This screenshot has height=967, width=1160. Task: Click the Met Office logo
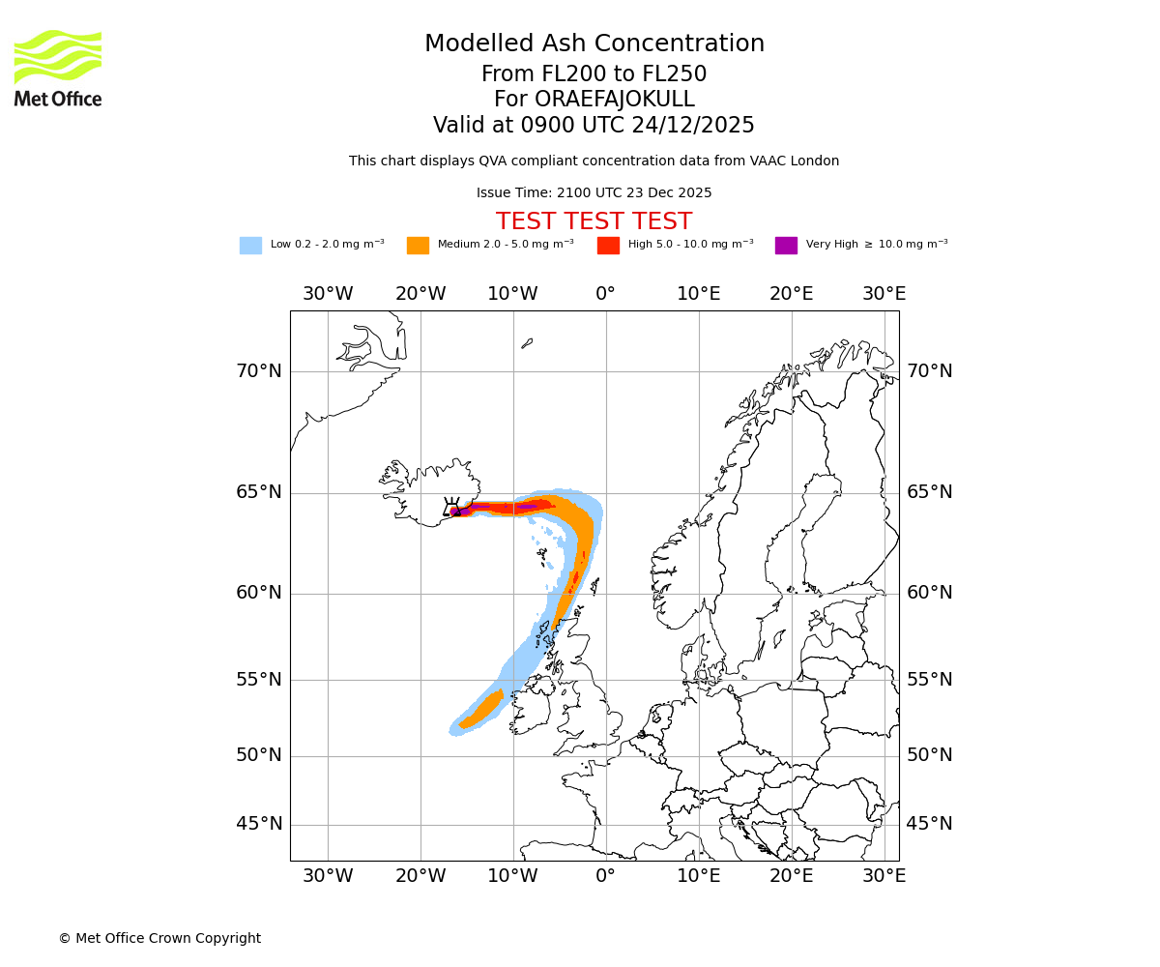pyautogui.click(x=58, y=69)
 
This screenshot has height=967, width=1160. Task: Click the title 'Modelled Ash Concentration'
pyautogui.click(x=594, y=44)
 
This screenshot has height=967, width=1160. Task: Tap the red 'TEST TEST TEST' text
pyautogui.click(x=594, y=221)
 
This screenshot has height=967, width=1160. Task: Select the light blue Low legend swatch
pyautogui.click(x=250, y=245)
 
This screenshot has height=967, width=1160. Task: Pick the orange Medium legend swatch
pyautogui.click(x=418, y=245)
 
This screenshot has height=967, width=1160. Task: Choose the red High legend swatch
pyautogui.click(x=608, y=245)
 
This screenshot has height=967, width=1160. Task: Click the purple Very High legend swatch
pyautogui.click(x=786, y=245)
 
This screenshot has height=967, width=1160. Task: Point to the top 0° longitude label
pyautogui.click(x=606, y=294)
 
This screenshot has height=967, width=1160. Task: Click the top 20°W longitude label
pyautogui.click(x=420, y=294)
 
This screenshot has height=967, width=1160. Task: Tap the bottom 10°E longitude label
pyautogui.click(x=699, y=876)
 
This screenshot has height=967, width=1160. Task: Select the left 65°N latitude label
pyautogui.click(x=259, y=492)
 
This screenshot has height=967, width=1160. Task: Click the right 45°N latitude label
pyautogui.click(x=929, y=824)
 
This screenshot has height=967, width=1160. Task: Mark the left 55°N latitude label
pyautogui.click(x=259, y=680)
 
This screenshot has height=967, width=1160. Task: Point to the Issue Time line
pyautogui.click(x=594, y=192)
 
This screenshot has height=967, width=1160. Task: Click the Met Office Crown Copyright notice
pyautogui.click(x=159, y=938)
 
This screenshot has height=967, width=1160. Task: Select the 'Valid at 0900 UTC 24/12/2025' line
pyautogui.click(x=594, y=126)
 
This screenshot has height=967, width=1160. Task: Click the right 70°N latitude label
pyautogui.click(x=929, y=371)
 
